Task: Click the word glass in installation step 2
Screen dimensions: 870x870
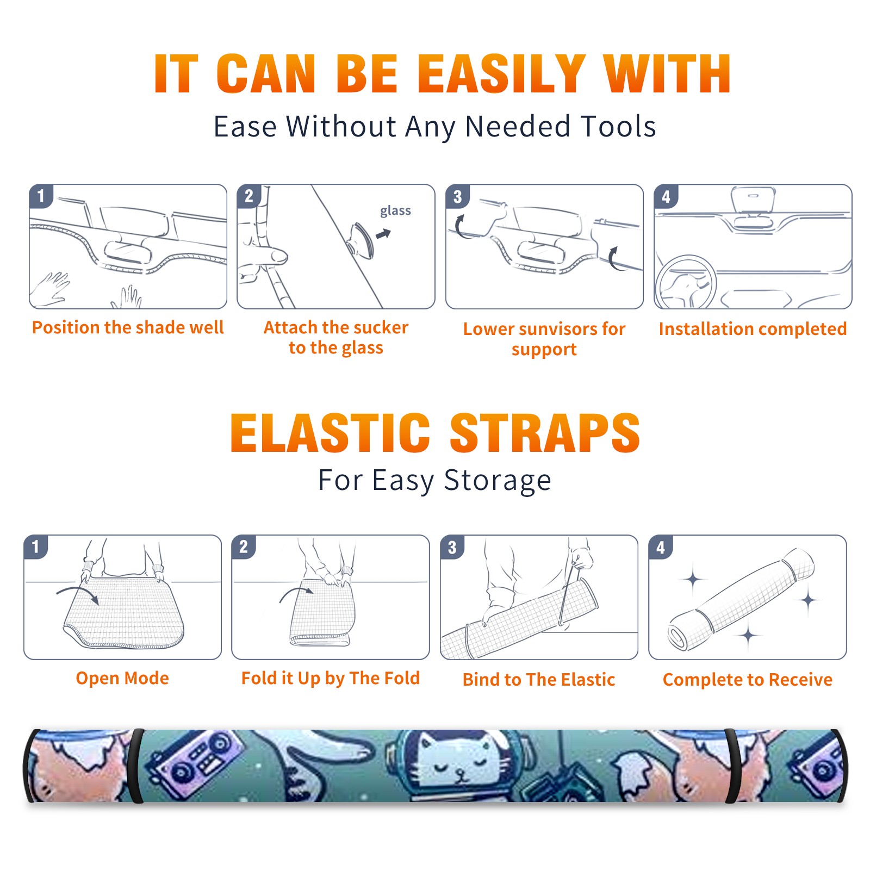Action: pos(395,211)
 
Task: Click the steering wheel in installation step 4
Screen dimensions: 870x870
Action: pos(686,282)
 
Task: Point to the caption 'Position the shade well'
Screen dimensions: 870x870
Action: pos(128,327)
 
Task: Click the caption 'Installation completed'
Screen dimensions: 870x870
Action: pos(753,329)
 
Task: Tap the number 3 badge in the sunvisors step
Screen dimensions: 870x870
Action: pos(457,196)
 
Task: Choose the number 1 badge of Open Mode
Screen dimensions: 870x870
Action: pos(36,546)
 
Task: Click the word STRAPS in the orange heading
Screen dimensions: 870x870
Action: pos(545,433)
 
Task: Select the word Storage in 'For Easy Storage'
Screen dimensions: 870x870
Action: pos(498,481)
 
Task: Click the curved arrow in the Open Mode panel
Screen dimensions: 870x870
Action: pos(78,593)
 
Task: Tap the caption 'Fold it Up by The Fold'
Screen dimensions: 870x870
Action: pos(331,678)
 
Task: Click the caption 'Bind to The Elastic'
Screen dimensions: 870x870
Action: pos(538,680)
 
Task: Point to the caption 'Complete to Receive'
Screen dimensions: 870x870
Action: pos(748,680)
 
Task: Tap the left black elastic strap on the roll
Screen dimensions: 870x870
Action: pos(136,766)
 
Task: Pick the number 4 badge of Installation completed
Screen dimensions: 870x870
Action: pos(666,196)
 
